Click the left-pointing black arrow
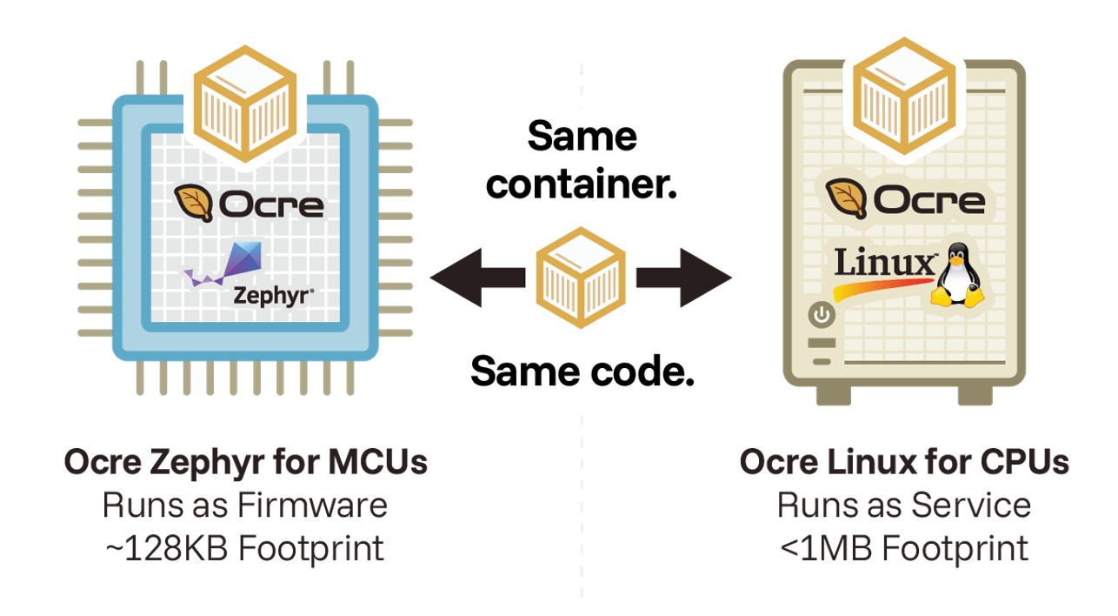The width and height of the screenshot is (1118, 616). tap(476, 278)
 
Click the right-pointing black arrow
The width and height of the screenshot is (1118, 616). tap(685, 278)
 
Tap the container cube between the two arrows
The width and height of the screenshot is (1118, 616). tap(581, 271)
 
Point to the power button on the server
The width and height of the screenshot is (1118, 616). tap(822, 314)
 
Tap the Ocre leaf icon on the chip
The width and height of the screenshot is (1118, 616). tap(193, 204)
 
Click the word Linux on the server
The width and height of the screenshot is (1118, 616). tap(883, 263)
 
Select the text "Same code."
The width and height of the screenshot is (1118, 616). tap(582, 372)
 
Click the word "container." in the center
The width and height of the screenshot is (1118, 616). tap(581, 184)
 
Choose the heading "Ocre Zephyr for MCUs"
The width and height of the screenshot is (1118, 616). tap(246, 462)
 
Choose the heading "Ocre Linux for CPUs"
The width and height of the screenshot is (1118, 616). tap(904, 462)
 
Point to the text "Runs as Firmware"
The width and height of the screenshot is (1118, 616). tap(245, 506)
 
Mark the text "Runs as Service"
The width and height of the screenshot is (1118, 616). tap(904, 506)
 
